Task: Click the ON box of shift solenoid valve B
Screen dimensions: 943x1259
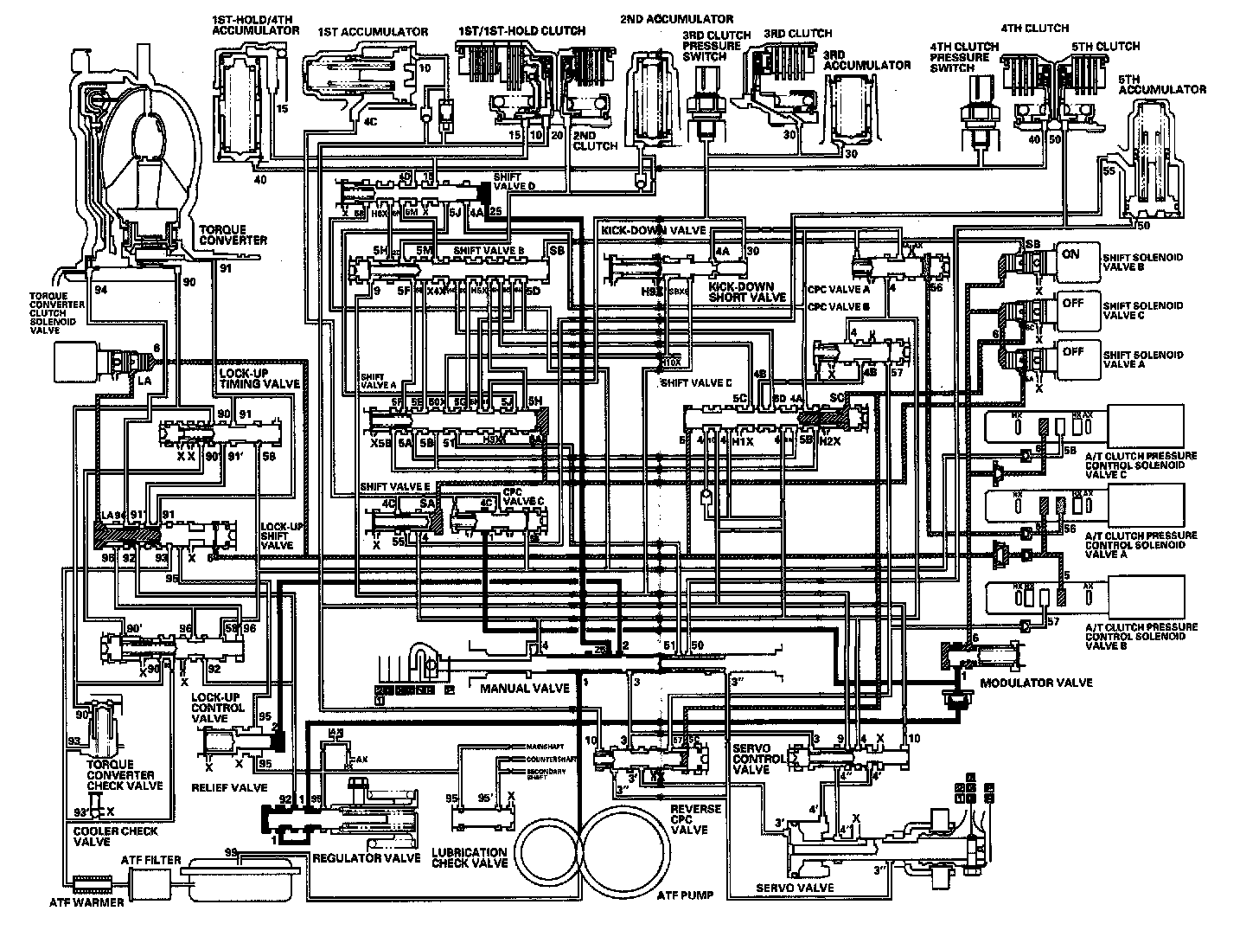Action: click(1070, 256)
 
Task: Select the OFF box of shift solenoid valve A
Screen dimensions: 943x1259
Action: click(1072, 353)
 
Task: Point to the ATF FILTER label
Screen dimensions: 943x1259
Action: click(150, 860)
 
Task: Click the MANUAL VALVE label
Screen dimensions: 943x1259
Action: click(525, 688)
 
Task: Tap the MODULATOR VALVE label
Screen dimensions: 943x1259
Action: click(1036, 683)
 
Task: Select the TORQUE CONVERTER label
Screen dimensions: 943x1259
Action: click(233, 234)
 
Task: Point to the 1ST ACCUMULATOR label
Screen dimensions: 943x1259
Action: click(373, 32)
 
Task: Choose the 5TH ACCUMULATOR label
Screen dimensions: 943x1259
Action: click(1161, 83)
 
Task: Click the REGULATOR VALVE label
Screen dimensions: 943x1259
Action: click(354, 859)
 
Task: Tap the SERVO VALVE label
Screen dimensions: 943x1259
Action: click(795, 888)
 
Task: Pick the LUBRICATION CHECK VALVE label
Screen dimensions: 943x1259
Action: click(470, 857)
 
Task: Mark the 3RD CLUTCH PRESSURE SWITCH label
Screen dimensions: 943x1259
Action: click(711, 45)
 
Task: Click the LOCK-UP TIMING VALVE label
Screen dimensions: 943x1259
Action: click(259, 377)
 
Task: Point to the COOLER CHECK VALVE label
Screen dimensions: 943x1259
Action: click(103, 837)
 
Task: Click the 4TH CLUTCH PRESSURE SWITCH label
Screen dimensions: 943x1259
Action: click(959, 57)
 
